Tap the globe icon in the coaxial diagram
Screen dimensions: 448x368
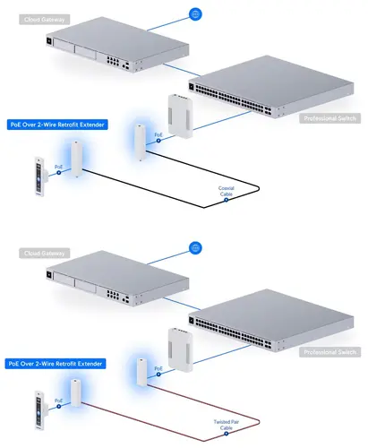(196, 14)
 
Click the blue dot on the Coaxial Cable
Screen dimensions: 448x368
(227, 200)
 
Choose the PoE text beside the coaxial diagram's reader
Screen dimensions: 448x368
(58, 166)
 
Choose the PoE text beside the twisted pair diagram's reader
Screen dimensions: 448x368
(58, 401)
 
